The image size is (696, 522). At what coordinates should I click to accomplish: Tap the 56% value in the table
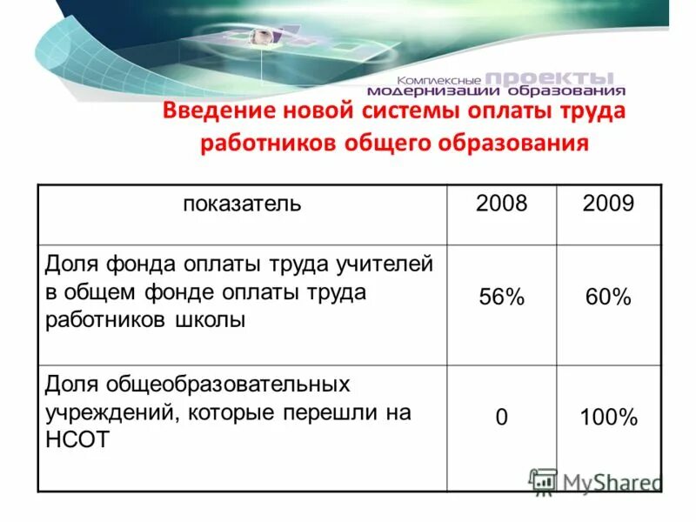502,298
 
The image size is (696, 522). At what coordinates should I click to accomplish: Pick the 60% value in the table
609,298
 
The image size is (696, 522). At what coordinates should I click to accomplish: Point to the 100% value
609,418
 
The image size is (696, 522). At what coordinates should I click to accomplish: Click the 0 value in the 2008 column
502,418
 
